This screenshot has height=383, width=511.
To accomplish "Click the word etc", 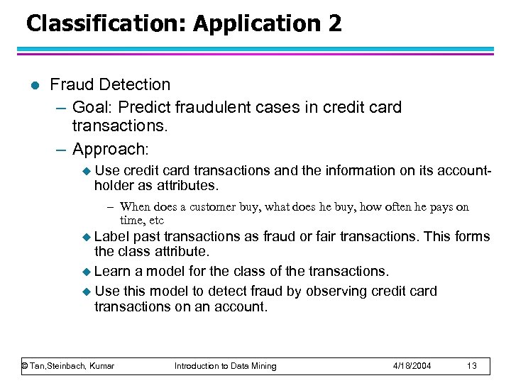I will tap(155, 221).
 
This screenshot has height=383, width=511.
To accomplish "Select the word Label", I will tap(110, 236).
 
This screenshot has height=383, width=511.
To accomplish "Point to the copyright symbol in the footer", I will tap(25, 366).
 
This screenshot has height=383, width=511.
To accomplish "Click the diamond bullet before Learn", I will tap(87, 272).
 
